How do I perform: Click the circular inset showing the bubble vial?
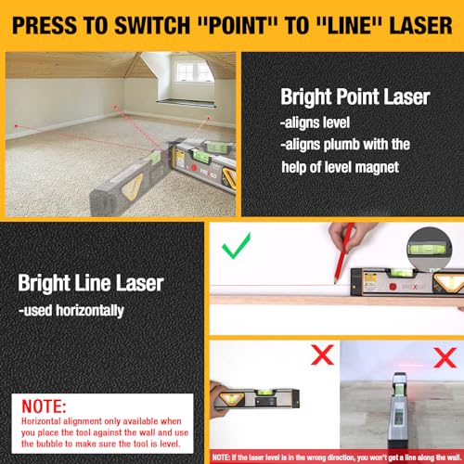[428, 245]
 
